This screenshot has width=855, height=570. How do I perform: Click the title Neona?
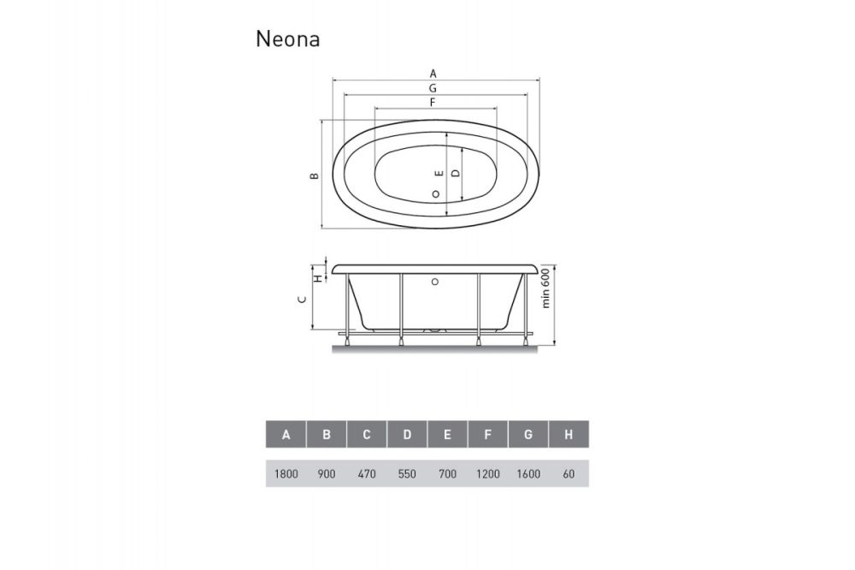pyautogui.click(x=287, y=39)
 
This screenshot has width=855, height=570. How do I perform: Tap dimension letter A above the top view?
pyautogui.click(x=433, y=73)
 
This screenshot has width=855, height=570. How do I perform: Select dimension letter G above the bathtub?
pyautogui.click(x=433, y=88)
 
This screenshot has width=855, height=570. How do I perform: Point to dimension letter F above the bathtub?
pyautogui.click(x=433, y=103)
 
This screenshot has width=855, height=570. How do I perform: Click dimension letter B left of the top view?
pyautogui.click(x=314, y=175)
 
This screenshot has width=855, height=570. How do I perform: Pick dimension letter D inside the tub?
pyautogui.click(x=455, y=173)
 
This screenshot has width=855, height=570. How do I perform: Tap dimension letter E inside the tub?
pyautogui.click(x=438, y=173)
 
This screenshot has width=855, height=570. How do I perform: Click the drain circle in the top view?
pyautogui.click(x=436, y=194)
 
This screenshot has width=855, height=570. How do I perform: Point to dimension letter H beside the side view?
pyautogui.click(x=316, y=276)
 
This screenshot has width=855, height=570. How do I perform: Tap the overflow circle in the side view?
pyautogui.click(x=435, y=280)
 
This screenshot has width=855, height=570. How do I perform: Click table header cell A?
pyautogui.click(x=286, y=435)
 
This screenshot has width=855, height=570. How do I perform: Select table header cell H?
pyautogui.click(x=569, y=435)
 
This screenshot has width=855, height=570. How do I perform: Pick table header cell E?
pyautogui.click(x=447, y=435)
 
